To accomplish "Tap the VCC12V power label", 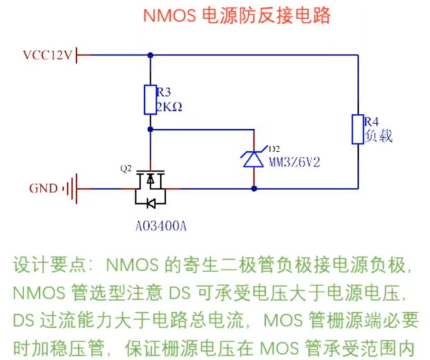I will click(x=47, y=55).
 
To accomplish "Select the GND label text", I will click(x=43, y=188).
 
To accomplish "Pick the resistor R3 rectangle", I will click(x=149, y=100).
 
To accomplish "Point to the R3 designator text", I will click(x=164, y=93).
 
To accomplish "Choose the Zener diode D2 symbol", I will click(x=254, y=158).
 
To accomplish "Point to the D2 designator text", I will click(x=274, y=149).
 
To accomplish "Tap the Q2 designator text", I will click(x=126, y=168).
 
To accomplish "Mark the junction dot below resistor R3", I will click(x=149, y=129).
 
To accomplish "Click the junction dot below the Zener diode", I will click(x=254, y=188).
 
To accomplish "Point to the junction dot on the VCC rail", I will click(x=149, y=55).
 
